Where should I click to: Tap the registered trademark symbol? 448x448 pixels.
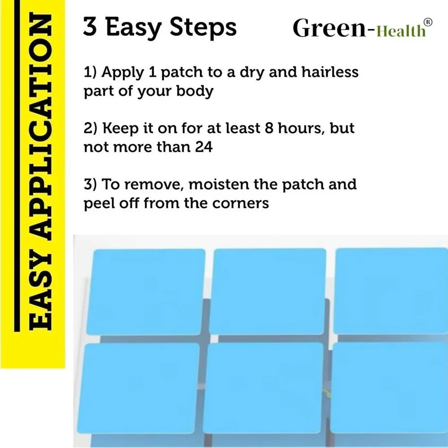(x=428, y=22)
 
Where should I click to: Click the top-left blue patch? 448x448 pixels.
(x=146, y=292)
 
